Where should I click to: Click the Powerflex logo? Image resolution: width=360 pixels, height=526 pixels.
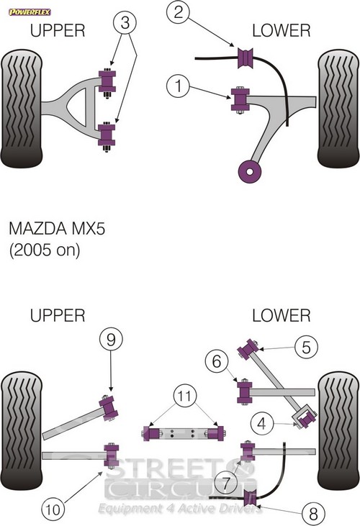click(x=30, y=12)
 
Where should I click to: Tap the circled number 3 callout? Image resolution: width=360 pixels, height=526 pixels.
click(x=125, y=23)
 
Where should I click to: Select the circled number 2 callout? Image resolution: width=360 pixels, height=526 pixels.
click(x=178, y=12)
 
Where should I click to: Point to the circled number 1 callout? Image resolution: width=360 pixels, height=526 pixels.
click(x=178, y=86)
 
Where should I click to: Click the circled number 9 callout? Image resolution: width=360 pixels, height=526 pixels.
click(x=111, y=340)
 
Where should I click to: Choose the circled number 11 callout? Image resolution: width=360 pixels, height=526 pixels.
click(x=185, y=396)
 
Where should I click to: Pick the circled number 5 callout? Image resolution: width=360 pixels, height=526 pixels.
click(x=306, y=347)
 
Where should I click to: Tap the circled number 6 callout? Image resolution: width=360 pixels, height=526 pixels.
click(x=217, y=361)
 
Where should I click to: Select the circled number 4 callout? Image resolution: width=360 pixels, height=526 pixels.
click(x=261, y=423)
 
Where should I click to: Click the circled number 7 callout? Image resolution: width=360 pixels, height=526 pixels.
click(x=226, y=483)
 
